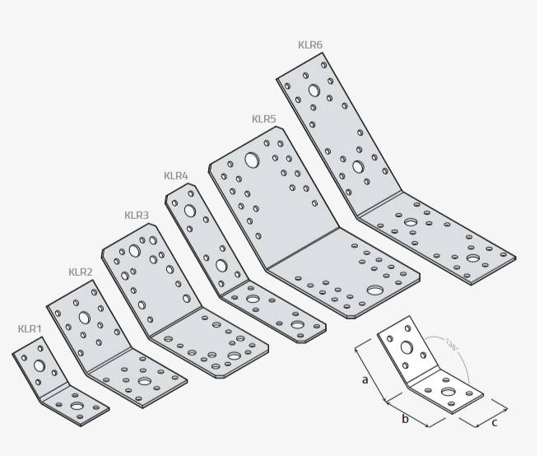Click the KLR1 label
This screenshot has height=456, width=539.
pyautogui.click(x=30, y=329)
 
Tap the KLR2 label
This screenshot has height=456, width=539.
pyautogui.click(x=80, y=272)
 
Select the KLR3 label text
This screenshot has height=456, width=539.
pyautogui.click(x=137, y=216)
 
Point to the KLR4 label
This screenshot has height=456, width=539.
pyautogui.click(x=176, y=175)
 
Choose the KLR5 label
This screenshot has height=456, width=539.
pyautogui.click(x=263, y=119)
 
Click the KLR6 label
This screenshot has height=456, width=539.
pyautogui.click(x=310, y=44)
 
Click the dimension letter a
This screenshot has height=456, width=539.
pyautogui.click(x=365, y=379)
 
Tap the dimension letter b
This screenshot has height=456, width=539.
pyautogui.click(x=405, y=420)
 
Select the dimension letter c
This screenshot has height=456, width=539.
pyautogui.click(x=494, y=423)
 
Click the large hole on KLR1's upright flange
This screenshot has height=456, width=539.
pyautogui.click(x=39, y=363)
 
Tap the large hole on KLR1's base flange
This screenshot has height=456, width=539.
pyautogui.click(x=77, y=405)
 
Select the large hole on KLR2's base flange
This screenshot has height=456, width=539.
pyautogui.click(x=145, y=383)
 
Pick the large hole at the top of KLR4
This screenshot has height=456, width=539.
pyautogui.click(x=190, y=211)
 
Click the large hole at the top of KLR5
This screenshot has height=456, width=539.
pyautogui.click(x=252, y=161)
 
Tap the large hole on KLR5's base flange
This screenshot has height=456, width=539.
pyautogui.click(x=374, y=291)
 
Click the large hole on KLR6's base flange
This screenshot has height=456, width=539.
pyautogui.click(x=472, y=258)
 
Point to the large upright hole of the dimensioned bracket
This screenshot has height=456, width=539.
pyautogui.click(x=407, y=347)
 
